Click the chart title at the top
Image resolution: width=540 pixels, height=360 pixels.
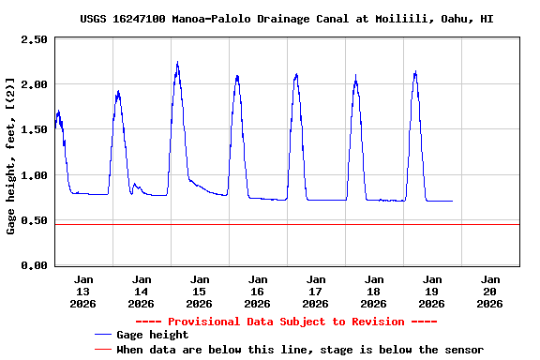click(287, 18)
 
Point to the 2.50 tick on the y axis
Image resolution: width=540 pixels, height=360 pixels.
click(34, 39)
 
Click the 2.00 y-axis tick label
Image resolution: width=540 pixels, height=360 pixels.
click(34, 84)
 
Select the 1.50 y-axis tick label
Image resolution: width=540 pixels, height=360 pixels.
click(34, 130)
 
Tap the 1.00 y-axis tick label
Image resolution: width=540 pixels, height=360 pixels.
click(34, 175)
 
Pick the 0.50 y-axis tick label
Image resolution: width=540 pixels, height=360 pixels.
click(34, 220)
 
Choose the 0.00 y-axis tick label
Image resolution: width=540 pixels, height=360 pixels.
click(34, 265)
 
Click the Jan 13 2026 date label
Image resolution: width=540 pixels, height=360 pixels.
click(83, 291)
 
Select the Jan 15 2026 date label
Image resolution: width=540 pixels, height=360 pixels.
click(199, 291)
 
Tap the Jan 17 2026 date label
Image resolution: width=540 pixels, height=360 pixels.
click(315, 291)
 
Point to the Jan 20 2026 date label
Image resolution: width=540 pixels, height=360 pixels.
click(489, 291)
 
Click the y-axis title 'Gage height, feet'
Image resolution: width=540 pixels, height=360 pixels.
click(11, 156)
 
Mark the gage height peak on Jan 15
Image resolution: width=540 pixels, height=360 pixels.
click(177, 63)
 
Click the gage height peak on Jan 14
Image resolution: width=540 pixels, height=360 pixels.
click(118, 91)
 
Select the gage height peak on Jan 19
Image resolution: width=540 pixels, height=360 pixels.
click(414, 71)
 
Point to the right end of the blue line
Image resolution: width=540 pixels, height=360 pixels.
click(453, 201)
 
